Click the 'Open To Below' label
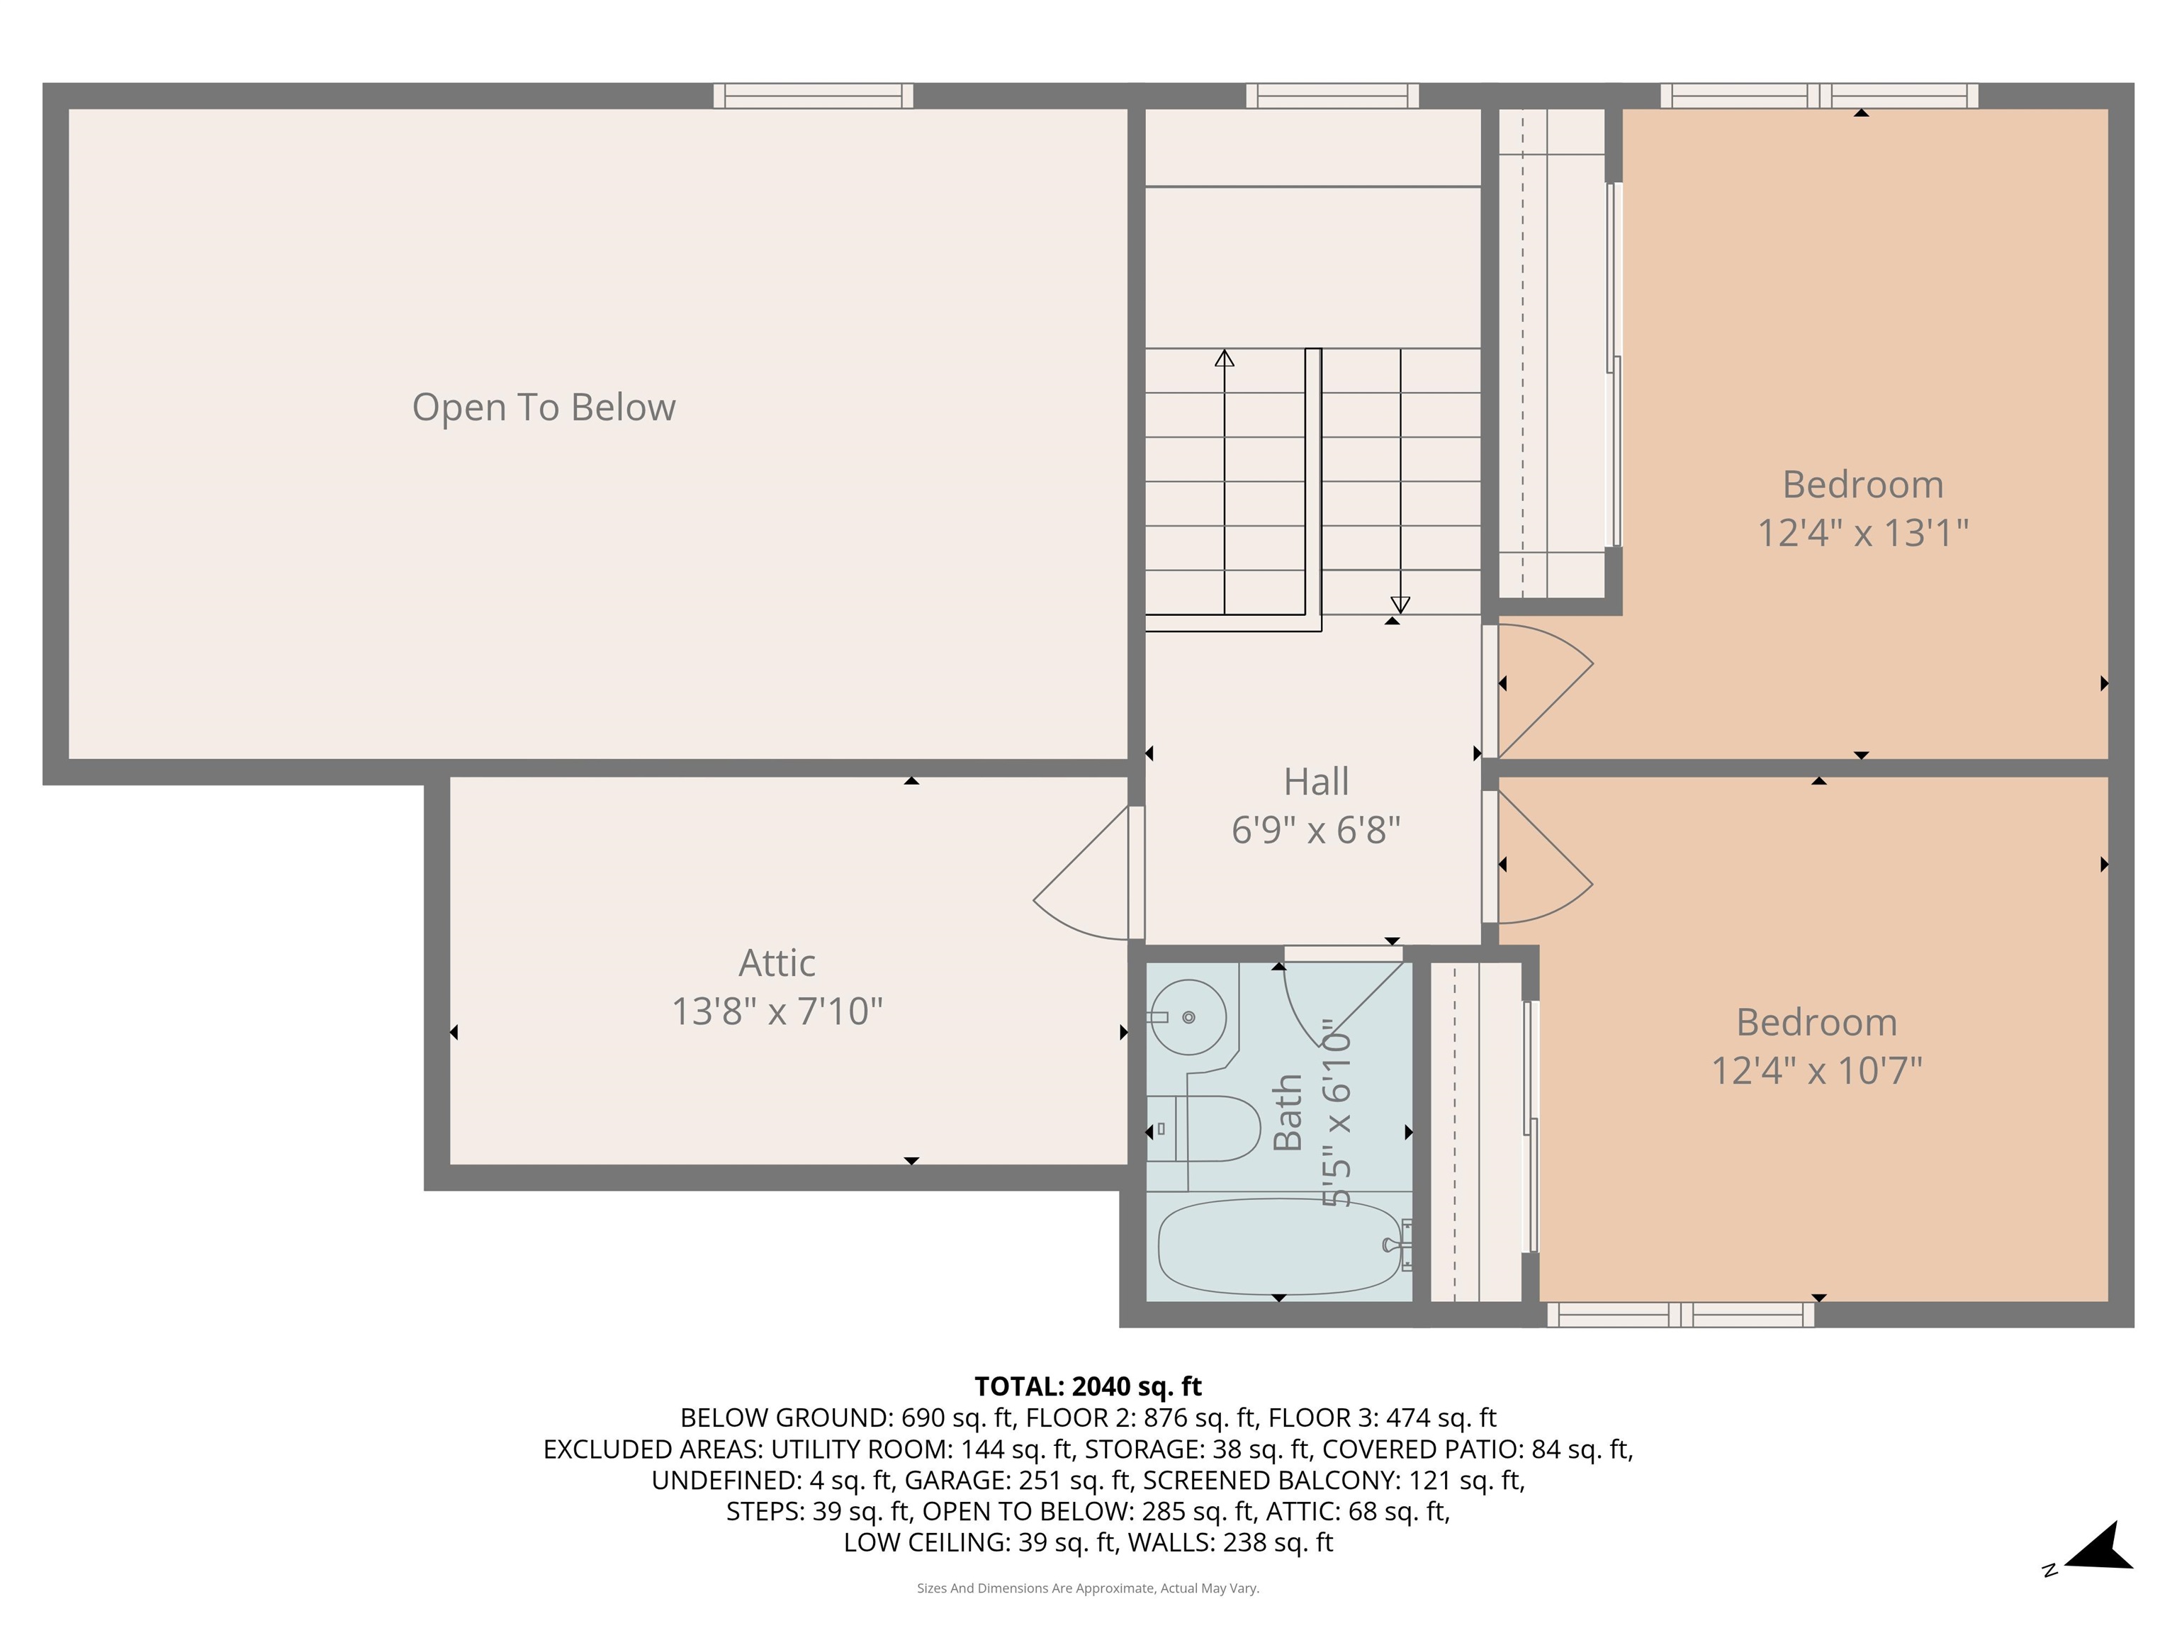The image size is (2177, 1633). click(544, 408)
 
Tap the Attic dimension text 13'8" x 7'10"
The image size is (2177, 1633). click(777, 1011)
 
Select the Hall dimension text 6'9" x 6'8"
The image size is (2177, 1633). click(1316, 830)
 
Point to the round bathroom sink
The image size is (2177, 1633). click(1187, 1017)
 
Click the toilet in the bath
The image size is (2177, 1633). click(1203, 1128)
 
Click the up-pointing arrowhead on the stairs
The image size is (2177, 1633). click(1225, 359)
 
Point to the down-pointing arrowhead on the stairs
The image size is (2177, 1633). click(1400, 605)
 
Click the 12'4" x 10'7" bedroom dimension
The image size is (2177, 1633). click(1817, 1070)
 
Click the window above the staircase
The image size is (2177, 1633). click(1332, 96)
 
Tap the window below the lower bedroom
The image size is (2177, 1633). click(1680, 1314)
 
